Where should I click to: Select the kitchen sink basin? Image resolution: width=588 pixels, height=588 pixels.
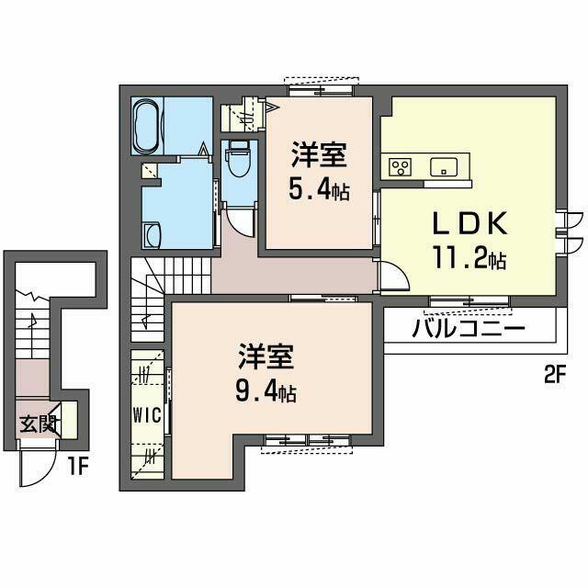click(443, 167)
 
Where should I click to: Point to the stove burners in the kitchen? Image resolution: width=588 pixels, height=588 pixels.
click(401, 167)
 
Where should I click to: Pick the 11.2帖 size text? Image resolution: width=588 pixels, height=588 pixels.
click(469, 260)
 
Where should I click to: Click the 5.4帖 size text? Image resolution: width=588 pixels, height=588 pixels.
click(320, 191)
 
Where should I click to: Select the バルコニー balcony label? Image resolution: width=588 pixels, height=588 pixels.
click(468, 329)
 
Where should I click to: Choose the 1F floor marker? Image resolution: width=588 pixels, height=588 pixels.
click(77, 466)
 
